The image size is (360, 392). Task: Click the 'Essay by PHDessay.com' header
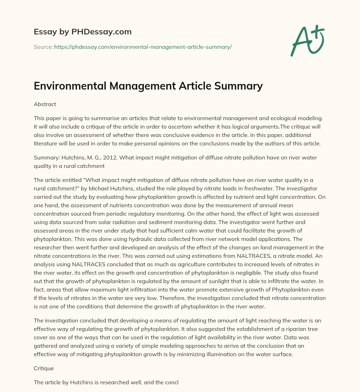83,32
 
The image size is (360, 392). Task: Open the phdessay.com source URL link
143,47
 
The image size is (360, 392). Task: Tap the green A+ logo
307,40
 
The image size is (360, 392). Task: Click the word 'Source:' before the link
43,47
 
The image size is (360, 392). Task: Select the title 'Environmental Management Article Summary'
148,86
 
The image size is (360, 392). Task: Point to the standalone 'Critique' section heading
44,369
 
